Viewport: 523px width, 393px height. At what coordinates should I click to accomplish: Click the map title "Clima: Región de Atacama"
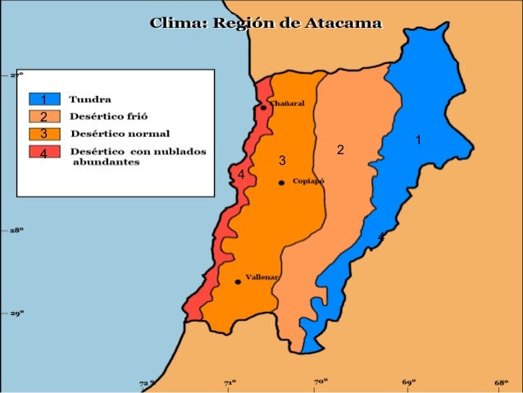tap(265, 24)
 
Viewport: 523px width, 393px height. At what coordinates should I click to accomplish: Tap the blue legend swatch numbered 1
tap(43, 99)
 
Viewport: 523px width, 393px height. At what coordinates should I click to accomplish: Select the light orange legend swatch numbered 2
tap(43, 117)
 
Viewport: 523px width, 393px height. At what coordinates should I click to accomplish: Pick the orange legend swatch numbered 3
tap(43, 134)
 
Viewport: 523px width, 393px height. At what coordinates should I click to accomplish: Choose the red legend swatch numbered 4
tap(43, 152)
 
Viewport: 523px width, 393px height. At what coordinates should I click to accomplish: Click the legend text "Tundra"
tap(90, 99)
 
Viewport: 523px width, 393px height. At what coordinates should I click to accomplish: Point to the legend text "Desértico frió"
tap(108, 117)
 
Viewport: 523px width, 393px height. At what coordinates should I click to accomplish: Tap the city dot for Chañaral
tap(263, 107)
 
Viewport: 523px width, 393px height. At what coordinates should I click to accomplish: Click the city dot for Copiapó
tap(281, 182)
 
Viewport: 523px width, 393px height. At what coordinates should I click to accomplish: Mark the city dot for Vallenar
tap(238, 281)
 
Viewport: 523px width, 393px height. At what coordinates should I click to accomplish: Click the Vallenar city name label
tap(263, 277)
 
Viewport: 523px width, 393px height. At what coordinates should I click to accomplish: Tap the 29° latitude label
tap(16, 313)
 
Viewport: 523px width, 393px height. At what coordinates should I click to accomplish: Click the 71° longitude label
tap(232, 382)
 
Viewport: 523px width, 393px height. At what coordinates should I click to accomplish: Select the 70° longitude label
tap(321, 382)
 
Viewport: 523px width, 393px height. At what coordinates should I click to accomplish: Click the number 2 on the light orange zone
tap(340, 151)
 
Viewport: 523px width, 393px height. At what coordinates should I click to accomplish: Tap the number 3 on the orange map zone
tap(281, 159)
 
